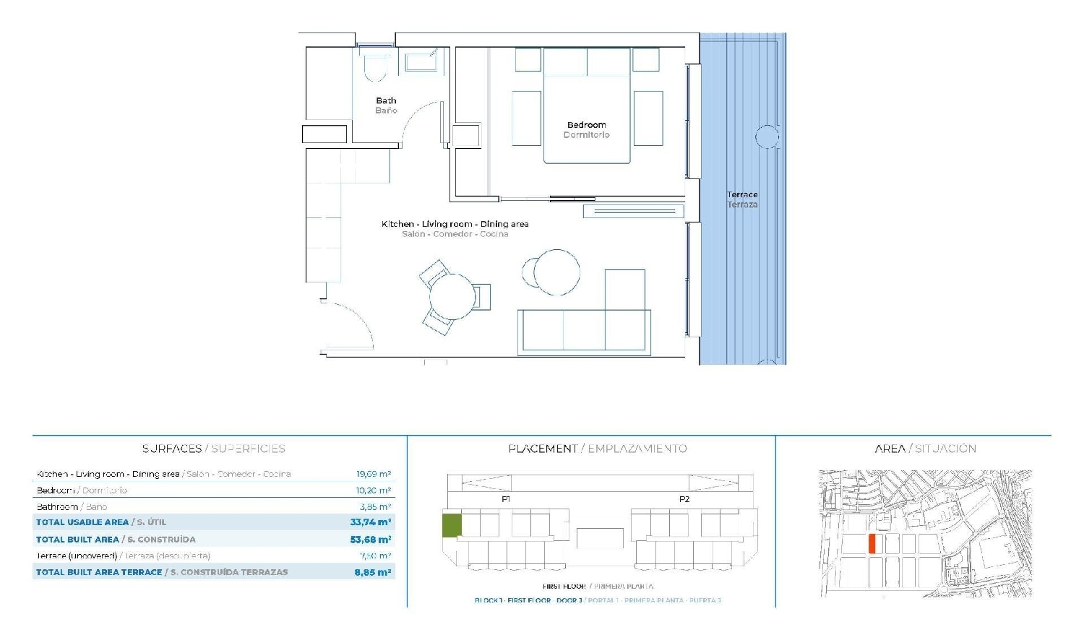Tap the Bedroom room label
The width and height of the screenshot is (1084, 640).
(586, 125)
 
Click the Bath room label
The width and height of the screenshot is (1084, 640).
(386, 101)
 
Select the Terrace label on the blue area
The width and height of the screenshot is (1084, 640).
(742, 195)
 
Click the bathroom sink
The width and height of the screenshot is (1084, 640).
(421, 62)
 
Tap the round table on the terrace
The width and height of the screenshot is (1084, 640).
(767, 137)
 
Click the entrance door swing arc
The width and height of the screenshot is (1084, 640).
(360, 318)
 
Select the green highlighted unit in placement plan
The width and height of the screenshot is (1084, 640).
(452, 525)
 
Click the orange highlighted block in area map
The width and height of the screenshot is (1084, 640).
(872, 544)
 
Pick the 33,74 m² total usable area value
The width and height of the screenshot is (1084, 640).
(371, 522)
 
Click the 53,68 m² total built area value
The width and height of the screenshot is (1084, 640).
(371, 540)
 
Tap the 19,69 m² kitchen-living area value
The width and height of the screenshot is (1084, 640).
(374, 475)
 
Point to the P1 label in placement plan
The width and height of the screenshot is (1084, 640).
(506, 499)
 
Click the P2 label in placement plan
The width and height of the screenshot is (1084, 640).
(684, 499)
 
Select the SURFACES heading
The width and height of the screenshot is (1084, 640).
(172, 449)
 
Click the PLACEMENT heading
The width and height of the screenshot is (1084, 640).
(543, 449)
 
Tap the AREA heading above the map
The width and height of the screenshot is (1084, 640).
(890, 449)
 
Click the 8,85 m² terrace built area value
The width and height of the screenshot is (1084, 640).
(373, 572)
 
